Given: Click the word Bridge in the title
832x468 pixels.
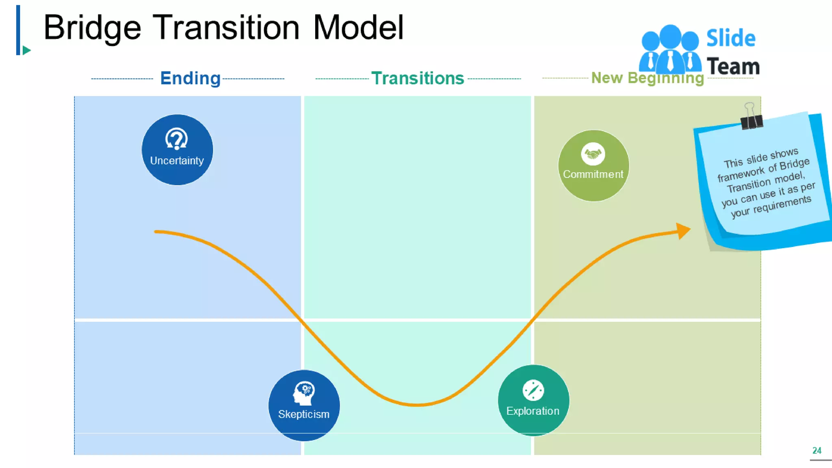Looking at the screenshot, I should (x=92, y=28).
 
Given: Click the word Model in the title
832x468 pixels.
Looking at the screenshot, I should (x=358, y=28).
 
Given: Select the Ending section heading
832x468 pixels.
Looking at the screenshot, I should (x=190, y=78).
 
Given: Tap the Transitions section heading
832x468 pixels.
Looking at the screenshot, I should (x=418, y=78).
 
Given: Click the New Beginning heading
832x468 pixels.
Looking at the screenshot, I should (x=647, y=78).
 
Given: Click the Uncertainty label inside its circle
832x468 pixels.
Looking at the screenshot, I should (x=177, y=161).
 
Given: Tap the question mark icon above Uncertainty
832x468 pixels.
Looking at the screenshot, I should (x=177, y=139).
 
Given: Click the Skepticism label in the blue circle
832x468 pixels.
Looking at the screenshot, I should (x=303, y=414).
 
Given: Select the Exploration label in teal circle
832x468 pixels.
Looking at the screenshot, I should (x=533, y=411).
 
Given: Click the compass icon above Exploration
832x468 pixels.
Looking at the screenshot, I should (x=533, y=390).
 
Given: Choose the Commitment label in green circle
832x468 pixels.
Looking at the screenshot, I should (x=593, y=174).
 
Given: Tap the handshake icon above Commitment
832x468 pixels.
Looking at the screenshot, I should (x=593, y=154).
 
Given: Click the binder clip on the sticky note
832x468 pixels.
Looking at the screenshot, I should (x=751, y=118).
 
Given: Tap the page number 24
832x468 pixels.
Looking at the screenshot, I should (x=817, y=450).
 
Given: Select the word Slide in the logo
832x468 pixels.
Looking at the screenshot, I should (x=730, y=39).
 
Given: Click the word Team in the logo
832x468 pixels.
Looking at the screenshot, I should (x=733, y=67).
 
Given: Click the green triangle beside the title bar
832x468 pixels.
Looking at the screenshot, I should (x=26, y=50).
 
